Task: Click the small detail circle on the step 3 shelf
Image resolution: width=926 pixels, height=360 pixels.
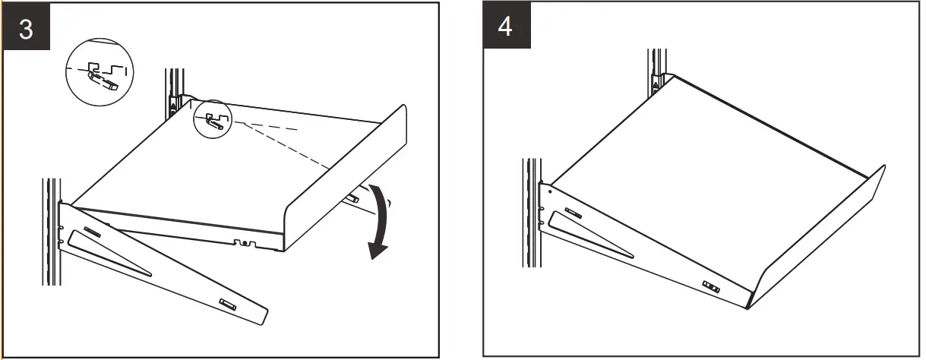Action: [x=212, y=119]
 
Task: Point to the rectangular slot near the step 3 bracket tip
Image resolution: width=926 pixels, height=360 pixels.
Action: [x=228, y=303]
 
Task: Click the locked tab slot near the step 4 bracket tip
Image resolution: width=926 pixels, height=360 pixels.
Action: [x=710, y=286]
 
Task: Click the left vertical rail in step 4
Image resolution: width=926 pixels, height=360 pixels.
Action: [x=530, y=213]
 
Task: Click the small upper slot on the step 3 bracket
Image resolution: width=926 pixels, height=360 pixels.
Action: [x=92, y=230]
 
